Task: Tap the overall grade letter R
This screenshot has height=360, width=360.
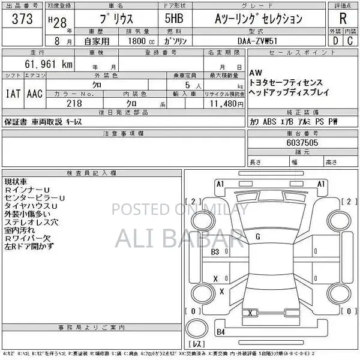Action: click(342, 18)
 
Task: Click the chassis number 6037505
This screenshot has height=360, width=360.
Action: click(302, 143)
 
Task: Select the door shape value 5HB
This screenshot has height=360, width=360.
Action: click(175, 19)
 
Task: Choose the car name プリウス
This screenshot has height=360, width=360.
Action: click(99, 19)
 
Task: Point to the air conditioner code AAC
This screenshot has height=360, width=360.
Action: click(34, 94)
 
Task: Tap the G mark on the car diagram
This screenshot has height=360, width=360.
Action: click(257, 236)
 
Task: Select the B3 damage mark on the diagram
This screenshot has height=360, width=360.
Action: click(215, 252)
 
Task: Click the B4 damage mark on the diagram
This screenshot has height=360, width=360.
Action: click(221, 332)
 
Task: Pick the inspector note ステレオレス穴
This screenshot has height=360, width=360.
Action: click(31, 222)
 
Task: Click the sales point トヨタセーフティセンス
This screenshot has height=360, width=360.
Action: click(286, 82)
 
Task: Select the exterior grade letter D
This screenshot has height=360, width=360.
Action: click(335, 41)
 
